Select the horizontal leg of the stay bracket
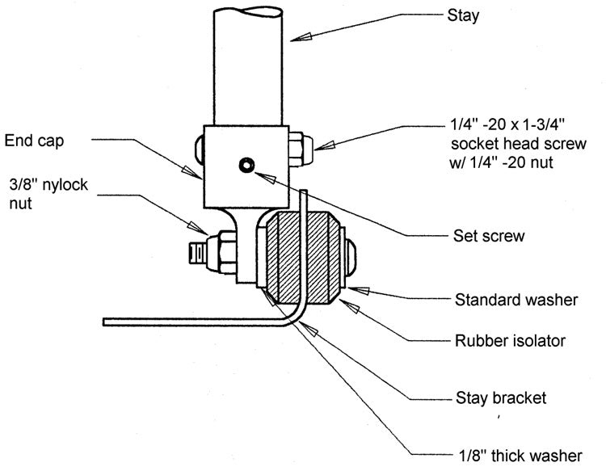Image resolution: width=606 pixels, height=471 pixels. pyautogui.click(x=194, y=322)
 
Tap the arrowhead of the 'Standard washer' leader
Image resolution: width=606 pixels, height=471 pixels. pyautogui.click(x=349, y=288)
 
